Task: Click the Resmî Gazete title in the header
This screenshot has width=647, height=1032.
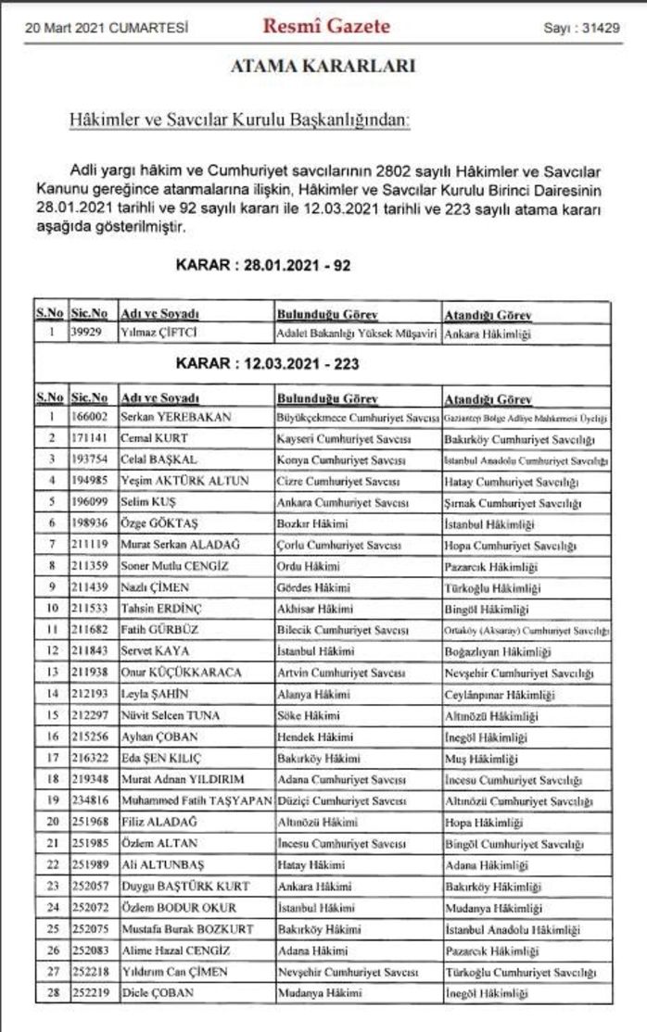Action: tap(313, 27)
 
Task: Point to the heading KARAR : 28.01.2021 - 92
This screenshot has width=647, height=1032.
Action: tap(262, 265)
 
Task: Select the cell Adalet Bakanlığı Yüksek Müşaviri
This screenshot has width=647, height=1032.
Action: tap(356, 333)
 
